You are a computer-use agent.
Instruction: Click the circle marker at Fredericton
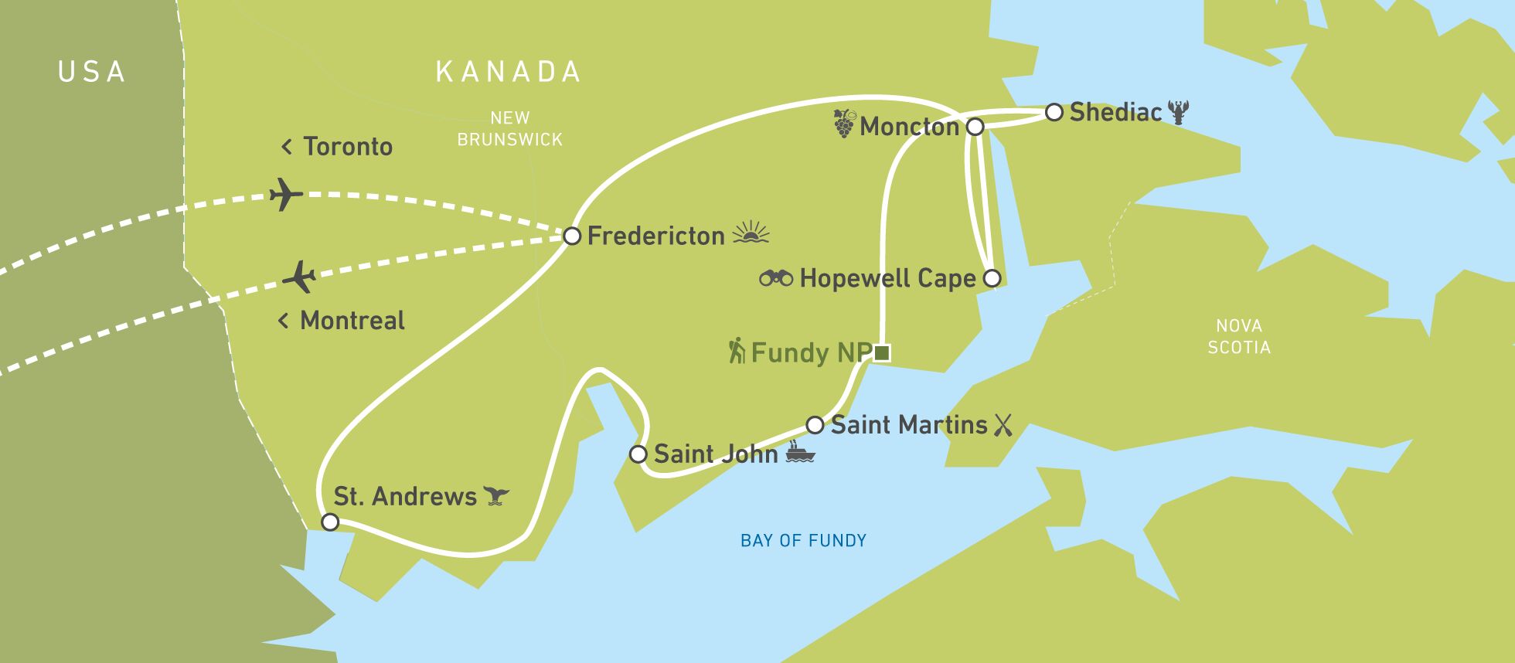[x=571, y=236]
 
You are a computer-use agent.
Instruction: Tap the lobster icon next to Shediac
[x=1178, y=112]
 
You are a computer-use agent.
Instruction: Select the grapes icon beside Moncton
[x=844, y=124]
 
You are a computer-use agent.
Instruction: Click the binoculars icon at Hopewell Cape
[x=776, y=277]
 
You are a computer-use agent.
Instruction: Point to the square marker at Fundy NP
[x=882, y=353]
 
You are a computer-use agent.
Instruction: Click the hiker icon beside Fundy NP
[x=737, y=351]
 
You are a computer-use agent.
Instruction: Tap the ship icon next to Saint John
[x=800, y=452]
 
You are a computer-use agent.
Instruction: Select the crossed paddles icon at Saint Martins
[x=1003, y=425]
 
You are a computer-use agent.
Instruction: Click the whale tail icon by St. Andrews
[x=496, y=495]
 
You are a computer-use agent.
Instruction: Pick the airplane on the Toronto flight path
[x=285, y=194]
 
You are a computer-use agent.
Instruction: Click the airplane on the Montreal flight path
[x=300, y=277]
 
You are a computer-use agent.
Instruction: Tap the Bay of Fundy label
[x=803, y=541]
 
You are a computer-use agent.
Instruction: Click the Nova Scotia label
[x=1239, y=337]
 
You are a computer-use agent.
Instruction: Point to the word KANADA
[x=508, y=72]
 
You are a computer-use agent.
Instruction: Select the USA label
[x=92, y=72]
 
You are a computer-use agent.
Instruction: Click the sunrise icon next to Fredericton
[x=751, y=233]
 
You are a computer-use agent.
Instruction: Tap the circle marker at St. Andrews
[x=330, y=522]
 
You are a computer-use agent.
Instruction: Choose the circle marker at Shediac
[x=1054, y=112]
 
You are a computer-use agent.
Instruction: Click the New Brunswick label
[x=509, y=129]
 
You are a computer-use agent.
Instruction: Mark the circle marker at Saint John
[x=638, y=454]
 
